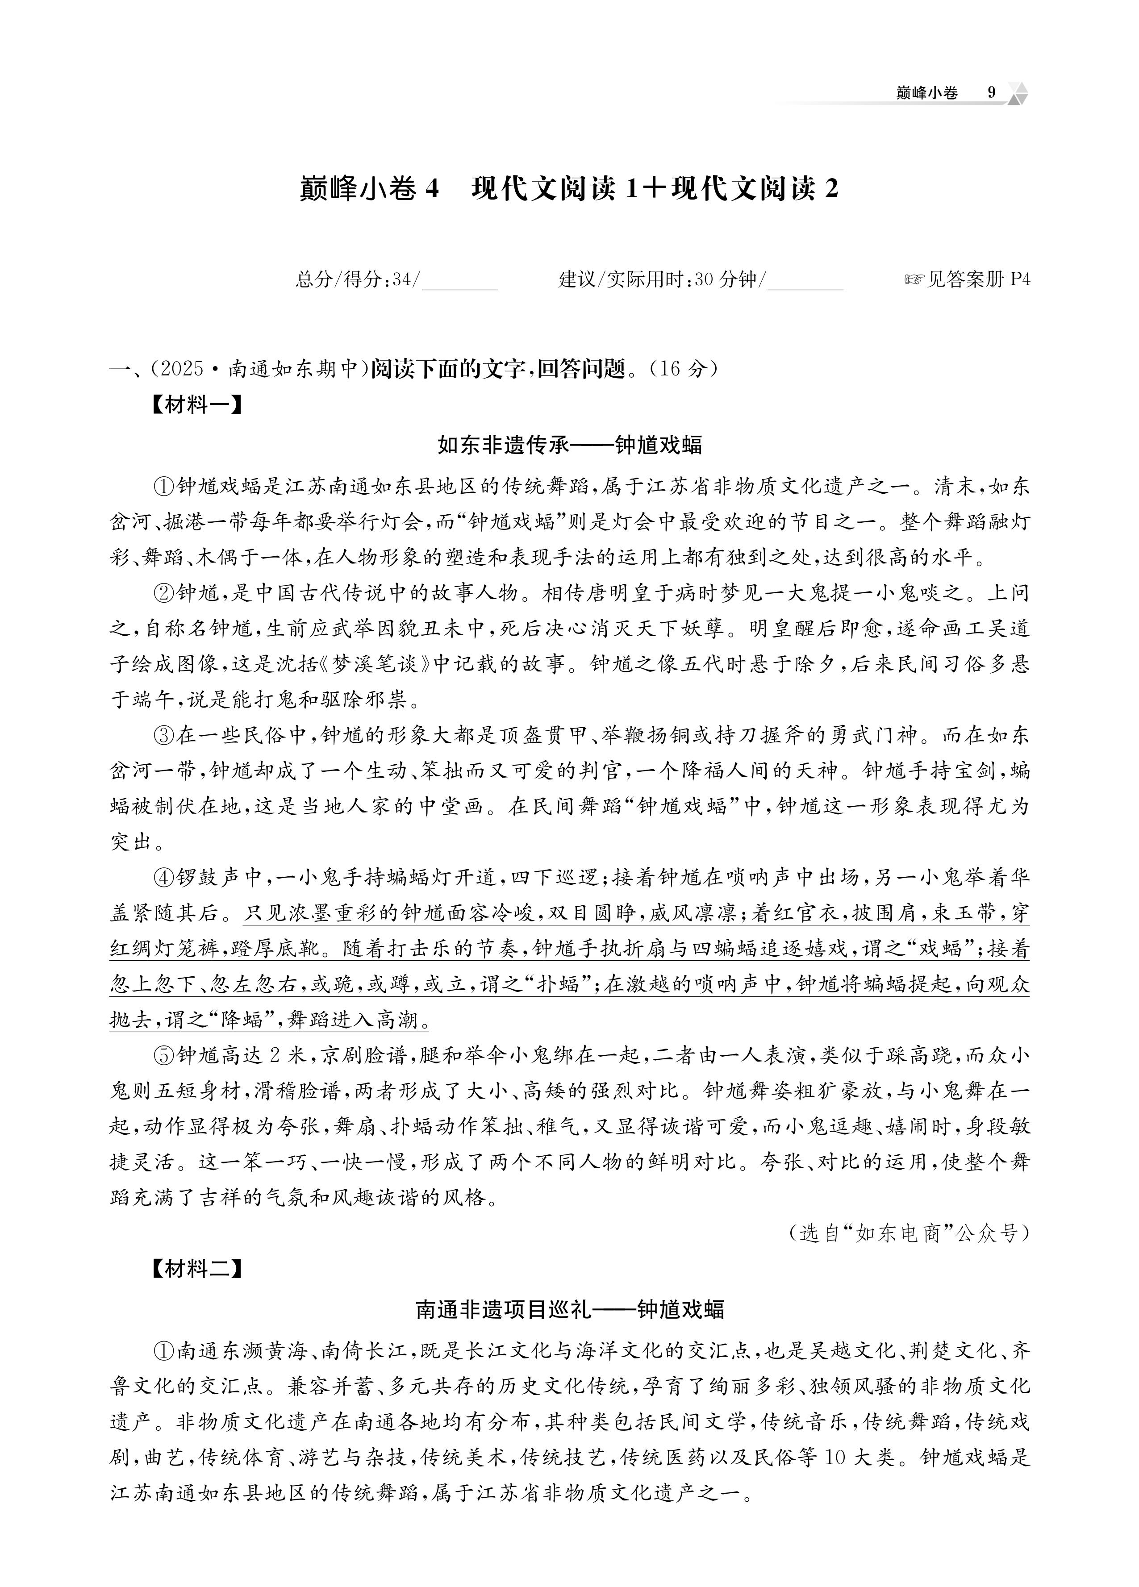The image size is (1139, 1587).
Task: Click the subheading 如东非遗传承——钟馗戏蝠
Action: [x=569, y=446]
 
